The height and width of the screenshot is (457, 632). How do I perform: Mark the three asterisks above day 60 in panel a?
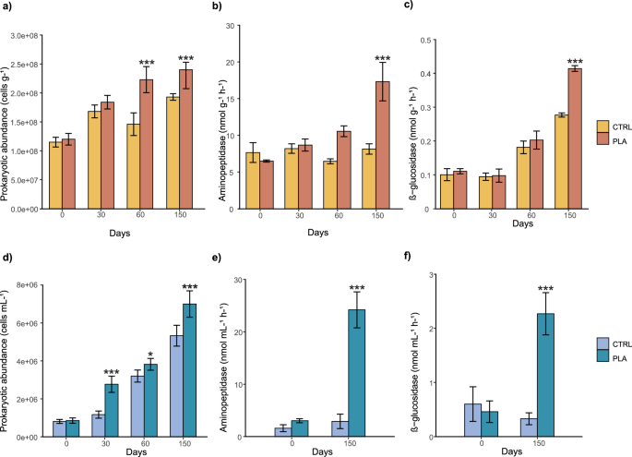[147, 64]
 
